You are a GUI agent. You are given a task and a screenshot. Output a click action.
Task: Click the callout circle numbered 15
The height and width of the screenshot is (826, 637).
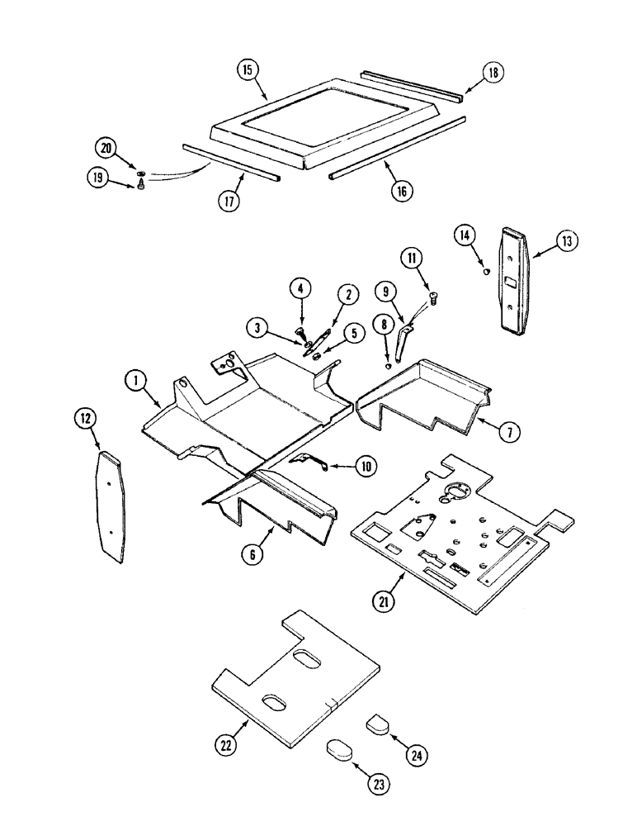tap(246, 69)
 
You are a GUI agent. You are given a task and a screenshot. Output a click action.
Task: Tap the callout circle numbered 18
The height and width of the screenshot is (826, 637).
tap(493, 73)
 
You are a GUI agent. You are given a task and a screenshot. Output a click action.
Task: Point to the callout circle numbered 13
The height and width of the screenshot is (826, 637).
tap(567, 241)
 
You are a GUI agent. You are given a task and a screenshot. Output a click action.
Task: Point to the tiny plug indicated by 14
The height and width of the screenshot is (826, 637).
tap(487, 270)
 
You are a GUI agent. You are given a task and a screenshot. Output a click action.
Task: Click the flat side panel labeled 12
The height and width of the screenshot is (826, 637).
tap(113, 506)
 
